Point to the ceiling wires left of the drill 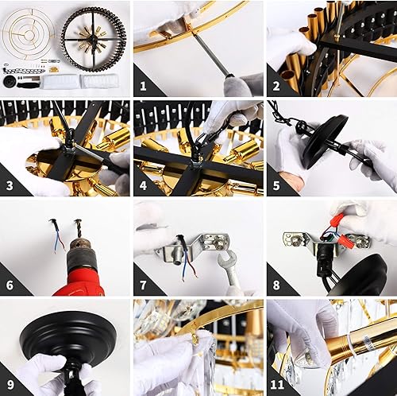point(56,235)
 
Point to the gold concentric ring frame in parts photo point(29,32)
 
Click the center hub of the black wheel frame point(94,38)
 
